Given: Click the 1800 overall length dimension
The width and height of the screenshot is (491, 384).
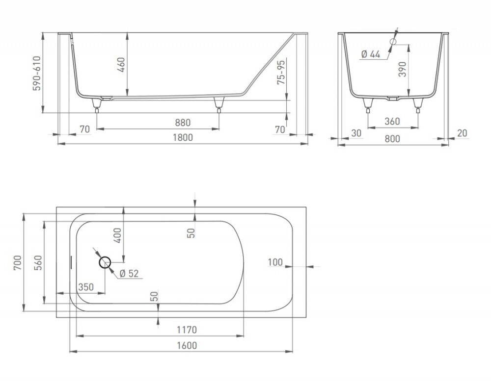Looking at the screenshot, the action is click(183, 138).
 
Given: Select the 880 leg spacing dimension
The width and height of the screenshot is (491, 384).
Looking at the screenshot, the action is click(183, 123).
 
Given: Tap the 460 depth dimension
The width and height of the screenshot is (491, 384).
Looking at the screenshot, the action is click(121, 65).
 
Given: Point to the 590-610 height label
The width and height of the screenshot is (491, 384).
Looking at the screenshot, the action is click(37, 73).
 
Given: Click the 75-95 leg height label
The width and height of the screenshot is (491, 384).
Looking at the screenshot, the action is click(281, 72).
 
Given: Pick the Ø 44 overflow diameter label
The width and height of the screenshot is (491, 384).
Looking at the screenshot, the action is click(371, 54).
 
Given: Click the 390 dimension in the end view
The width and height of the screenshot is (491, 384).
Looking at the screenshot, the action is click(403, 69).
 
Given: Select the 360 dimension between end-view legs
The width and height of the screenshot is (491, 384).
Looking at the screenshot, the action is click(392, 121).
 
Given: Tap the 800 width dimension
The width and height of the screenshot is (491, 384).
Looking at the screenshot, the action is click(392, 138).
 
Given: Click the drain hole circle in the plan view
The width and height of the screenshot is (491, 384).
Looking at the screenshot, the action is click(105, 263).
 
